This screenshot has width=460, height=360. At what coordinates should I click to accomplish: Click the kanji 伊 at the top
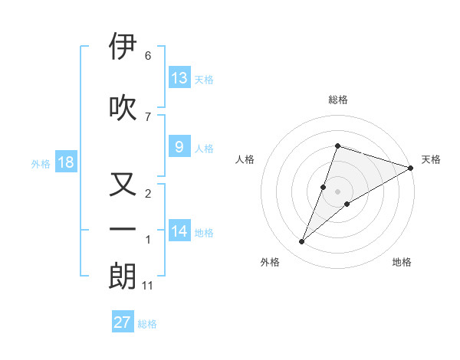coord(123,47)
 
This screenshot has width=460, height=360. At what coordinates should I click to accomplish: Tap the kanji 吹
coord(123,108)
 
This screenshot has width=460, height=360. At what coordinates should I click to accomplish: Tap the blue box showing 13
coord(179,78)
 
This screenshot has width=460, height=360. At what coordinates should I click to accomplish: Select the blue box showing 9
coord(179,148)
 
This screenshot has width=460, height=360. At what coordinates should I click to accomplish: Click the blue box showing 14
coord(179,231)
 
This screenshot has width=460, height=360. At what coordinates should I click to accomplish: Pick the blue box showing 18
coord(65,163)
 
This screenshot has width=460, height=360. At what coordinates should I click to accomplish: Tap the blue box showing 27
coord(123,322)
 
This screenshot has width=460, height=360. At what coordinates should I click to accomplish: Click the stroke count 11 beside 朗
coord(149,286)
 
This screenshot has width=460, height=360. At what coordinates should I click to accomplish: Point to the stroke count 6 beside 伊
coord(148,56)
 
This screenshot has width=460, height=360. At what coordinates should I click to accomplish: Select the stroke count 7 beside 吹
coord(148,116)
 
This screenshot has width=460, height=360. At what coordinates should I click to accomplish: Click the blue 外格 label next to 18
coord(40,164)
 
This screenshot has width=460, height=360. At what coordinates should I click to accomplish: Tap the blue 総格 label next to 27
coord(147,324)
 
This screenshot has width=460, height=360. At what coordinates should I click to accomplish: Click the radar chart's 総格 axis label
coord(338,100)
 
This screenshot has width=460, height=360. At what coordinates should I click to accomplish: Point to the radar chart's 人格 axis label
coord(245,159)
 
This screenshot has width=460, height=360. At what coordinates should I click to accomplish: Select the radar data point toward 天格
coord(411,169)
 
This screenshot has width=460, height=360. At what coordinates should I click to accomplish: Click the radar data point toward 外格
coord(301,242)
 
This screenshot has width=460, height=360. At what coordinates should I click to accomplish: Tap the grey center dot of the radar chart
coord(338,191)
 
